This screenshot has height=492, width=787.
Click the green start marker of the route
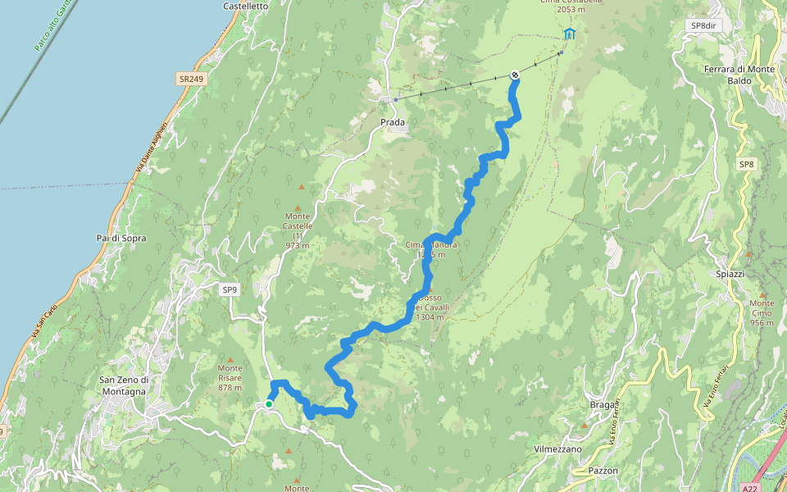coord(269,403)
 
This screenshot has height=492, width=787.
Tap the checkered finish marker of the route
coord(514,75)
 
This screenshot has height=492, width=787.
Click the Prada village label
coord(393,122)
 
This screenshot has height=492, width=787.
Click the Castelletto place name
coord(246,6)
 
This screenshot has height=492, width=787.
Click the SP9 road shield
coord(230,289)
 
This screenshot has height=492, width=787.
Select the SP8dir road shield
coord(703,25)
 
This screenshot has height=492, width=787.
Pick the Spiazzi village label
coord(729,273)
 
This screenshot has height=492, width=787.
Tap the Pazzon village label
coord(603,471)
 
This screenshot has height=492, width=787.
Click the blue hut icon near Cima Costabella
coord(569,34)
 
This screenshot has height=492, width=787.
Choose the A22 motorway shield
coord(747,486)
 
